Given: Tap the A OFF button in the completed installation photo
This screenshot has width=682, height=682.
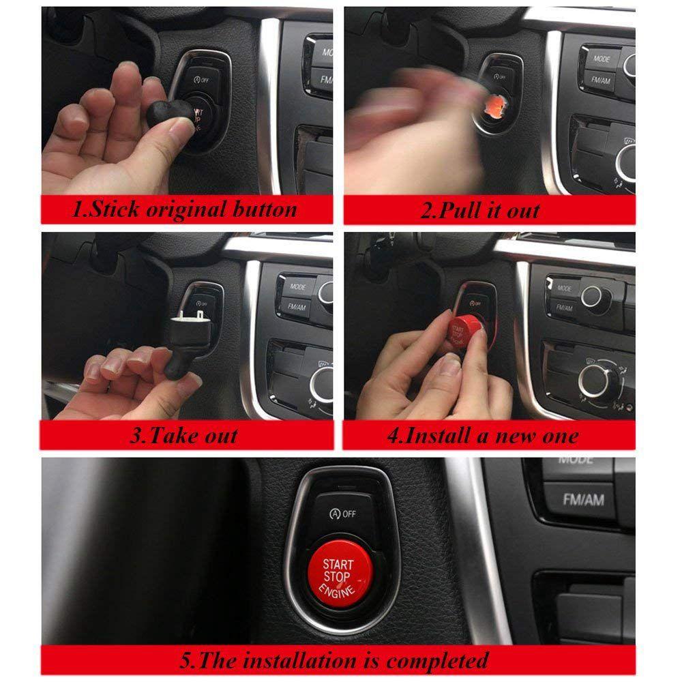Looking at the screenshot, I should [342, 513].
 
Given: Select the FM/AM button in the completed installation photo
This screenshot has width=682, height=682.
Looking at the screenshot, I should [582, 500].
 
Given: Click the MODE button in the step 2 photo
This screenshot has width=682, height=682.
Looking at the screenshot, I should [602, 59].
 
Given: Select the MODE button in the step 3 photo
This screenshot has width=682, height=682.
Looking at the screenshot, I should [298, 287].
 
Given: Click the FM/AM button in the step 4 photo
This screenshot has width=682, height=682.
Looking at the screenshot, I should [563, 308].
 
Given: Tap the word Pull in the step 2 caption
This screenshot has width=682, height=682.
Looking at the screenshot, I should [460, 209].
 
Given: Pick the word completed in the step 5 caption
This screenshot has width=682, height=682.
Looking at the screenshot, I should [436, 660].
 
